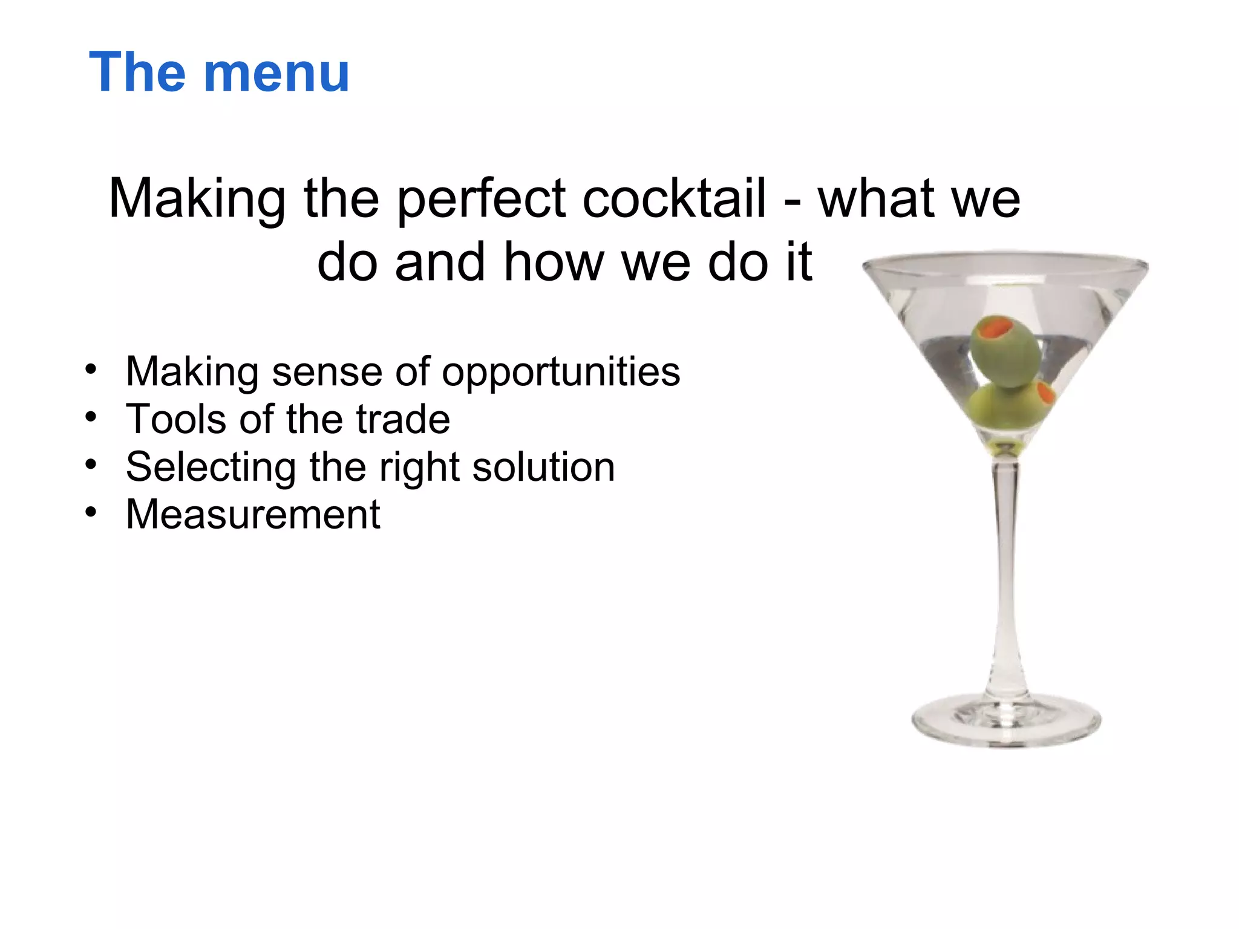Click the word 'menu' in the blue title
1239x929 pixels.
coord(277,73)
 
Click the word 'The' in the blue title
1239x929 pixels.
coord(137,72)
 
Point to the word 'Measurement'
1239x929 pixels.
coord(253,514)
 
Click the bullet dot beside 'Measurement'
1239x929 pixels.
coord(91,512)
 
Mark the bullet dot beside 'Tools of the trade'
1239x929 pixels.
coord(91,417)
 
